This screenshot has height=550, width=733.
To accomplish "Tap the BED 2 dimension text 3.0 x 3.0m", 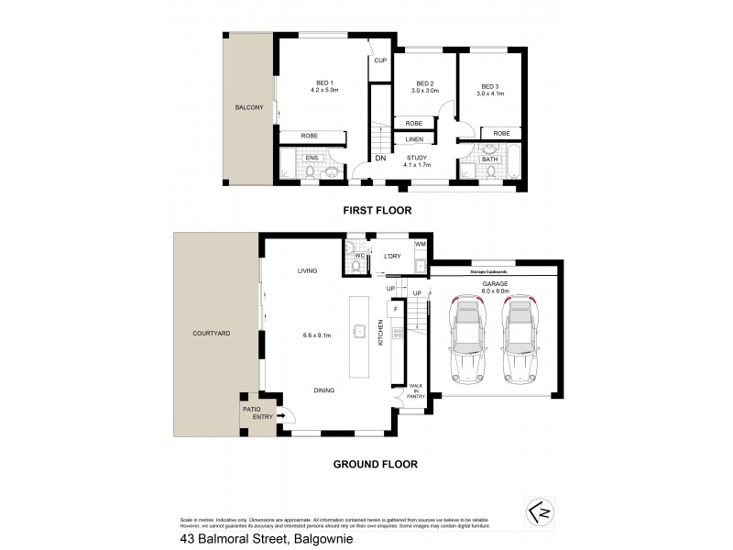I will [425, 92].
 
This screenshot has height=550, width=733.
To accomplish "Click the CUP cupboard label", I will [379, 61].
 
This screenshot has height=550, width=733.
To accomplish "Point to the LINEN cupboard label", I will [414, 139].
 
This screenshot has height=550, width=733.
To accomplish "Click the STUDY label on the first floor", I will [417, 158].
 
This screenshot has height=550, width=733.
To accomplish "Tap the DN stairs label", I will [379, 159].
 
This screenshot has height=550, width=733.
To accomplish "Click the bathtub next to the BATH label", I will [511, 166].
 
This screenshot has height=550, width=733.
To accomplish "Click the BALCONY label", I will [248, 108].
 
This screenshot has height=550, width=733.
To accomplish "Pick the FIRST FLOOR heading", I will [377, 210].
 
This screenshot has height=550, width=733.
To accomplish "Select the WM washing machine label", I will [420, 245].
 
